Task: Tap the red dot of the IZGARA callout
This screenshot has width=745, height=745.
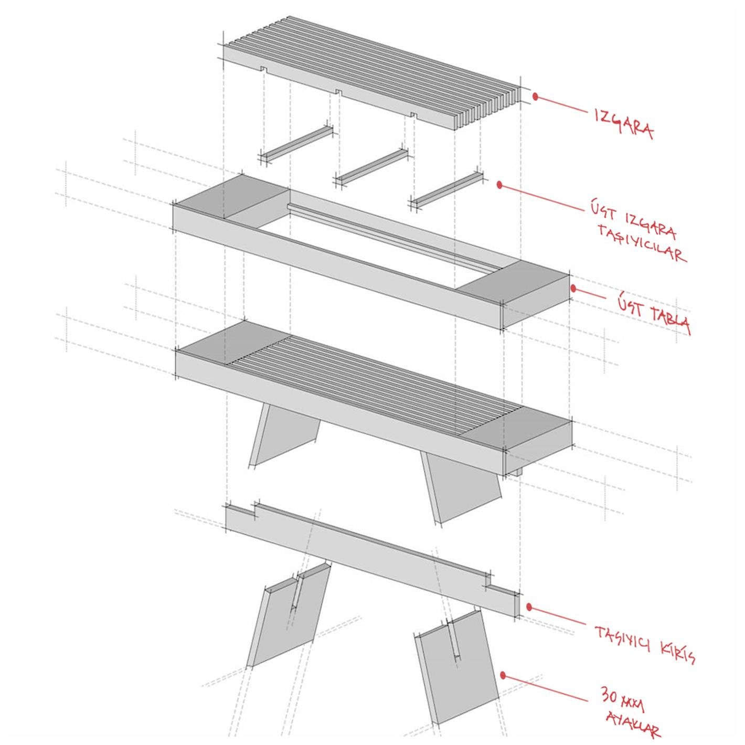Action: [536, 97]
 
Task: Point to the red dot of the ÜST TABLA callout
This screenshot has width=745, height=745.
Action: [574, 288]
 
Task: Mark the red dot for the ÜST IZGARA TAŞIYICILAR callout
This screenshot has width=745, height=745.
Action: [500, 185]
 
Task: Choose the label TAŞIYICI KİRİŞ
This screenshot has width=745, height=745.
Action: [645, 645]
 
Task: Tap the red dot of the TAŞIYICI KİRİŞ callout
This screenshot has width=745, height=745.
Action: [529, 607]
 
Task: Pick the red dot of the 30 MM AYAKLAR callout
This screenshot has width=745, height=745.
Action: [503, 675]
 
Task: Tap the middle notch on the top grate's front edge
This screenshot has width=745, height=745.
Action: [339, 92]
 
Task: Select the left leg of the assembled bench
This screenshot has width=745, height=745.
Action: [283, 433]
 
